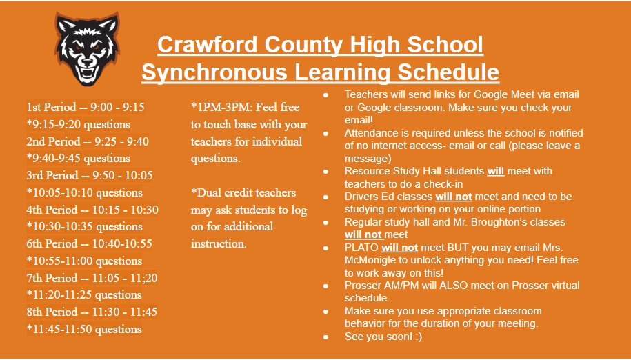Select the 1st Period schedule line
click(86, 108)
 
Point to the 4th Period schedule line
click(92, 210)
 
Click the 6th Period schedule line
click(89, 243)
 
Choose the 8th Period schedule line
click(92, 312)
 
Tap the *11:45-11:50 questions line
click(84, 329)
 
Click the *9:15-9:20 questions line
click(78, 125)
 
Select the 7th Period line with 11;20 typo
click(92, 278)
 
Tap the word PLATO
click(361, 248)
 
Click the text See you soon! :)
click(383, 337)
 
